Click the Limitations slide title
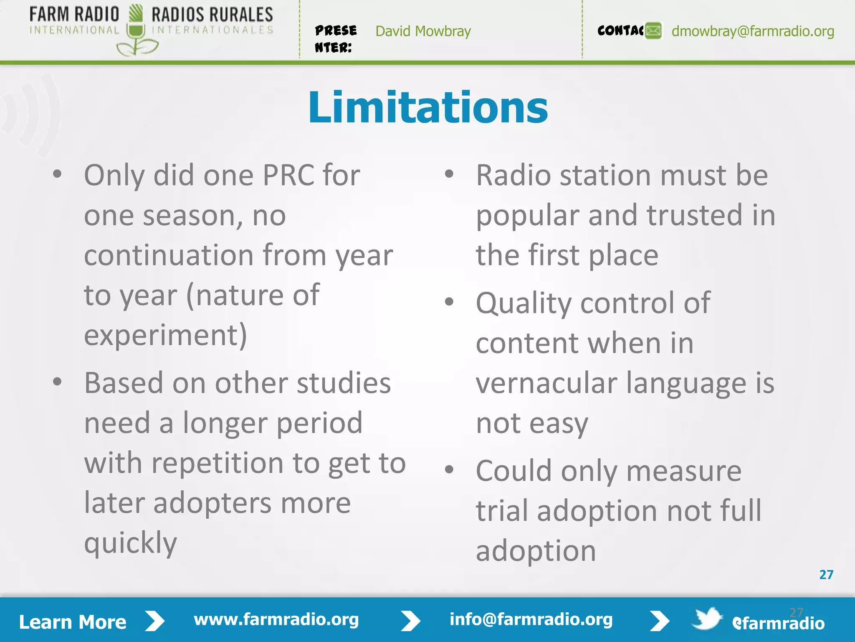pyautogui.click(x=427, y=108)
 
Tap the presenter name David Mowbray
pyautogui.click(x=423, y=31)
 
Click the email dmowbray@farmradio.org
pyautogui.click(x=752, y=31)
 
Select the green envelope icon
pyautogui.click(x=653, y=31)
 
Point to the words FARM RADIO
pyautogui.click(x=74, y=15)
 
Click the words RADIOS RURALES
pyautogui.click(x=212, y=15)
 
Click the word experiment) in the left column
pyautogui.click(x=165, y=335)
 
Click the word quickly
pyautogui.click(x=130, y=543)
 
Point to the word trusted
pyautogui.click(x=695, y=215)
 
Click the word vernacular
pyautogui.click(x=546, y=383)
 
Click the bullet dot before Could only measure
pyautogui.click(x=449, y=469)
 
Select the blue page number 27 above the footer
pyautogui.click(x=826, y=575)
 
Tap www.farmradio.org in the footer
pyautogui.click(x=276, y=619)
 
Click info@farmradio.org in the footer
pyautogui.click(x=531, y=619)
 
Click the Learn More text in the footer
pyautogui.click(x=73, y=622)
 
